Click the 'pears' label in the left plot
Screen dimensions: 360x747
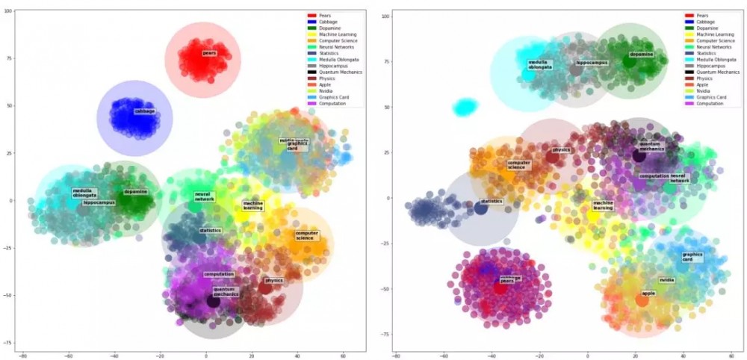(x=209, y=53)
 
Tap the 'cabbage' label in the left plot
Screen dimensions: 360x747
(x=144, y=111)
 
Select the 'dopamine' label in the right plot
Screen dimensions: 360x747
(x=641, y=54)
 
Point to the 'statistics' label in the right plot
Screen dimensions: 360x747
(x=492, y=202)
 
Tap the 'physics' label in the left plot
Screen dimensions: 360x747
(x=273, y=281)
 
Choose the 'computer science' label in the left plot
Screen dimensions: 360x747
(x=306, y=235)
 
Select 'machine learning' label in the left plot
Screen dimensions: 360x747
(x=252, y=205)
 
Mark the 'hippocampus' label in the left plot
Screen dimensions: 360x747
(x=99, y=202)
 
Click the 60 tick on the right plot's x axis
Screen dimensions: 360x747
(x=722, y=356)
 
